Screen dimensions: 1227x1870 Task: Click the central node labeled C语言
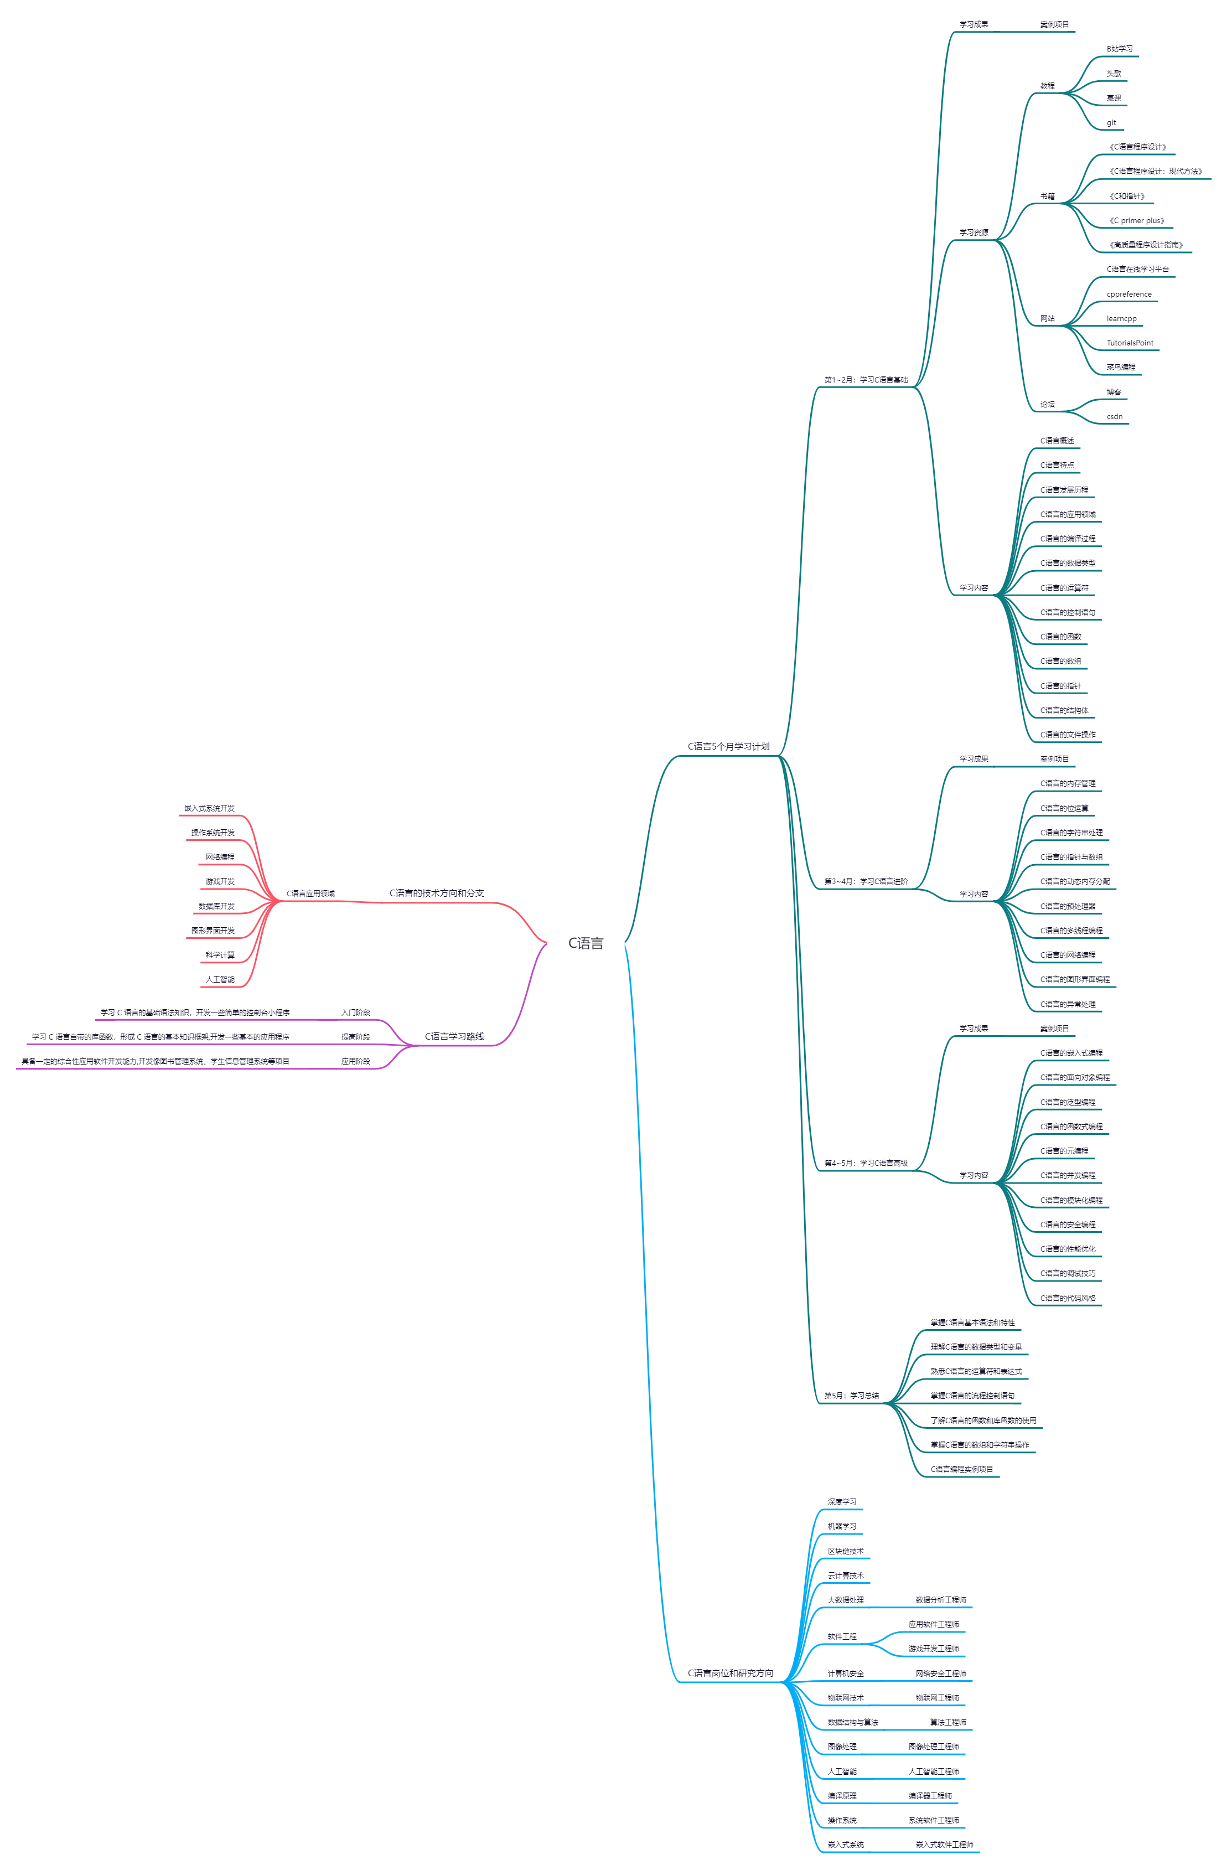[585, 943]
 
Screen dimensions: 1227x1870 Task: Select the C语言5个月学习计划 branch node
[728, 746]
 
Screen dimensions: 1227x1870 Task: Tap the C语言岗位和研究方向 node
[730, 1673]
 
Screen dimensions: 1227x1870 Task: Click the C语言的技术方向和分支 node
[436, 893]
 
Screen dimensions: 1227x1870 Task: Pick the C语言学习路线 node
[454, 1036]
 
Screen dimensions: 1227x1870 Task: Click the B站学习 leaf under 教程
[1120, 49]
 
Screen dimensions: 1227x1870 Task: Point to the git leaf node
[1111, 122]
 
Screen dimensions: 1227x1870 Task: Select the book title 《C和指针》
[1126, 197]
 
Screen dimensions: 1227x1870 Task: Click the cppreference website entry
[1129, 295]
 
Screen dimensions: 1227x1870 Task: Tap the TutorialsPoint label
[1130, 343]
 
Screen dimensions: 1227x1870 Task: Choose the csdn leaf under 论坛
[1114, 416]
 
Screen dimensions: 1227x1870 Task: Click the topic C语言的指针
[1060, 686]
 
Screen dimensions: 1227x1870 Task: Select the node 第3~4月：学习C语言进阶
[866, 881]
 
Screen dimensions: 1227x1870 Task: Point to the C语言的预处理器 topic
[1068, 906]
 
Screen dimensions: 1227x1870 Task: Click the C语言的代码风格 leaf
[1068, 1298]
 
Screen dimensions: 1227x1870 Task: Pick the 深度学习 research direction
[841, 1501]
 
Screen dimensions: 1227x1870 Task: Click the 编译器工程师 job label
[930, 1795]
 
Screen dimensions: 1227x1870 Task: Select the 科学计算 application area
[220, 954]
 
